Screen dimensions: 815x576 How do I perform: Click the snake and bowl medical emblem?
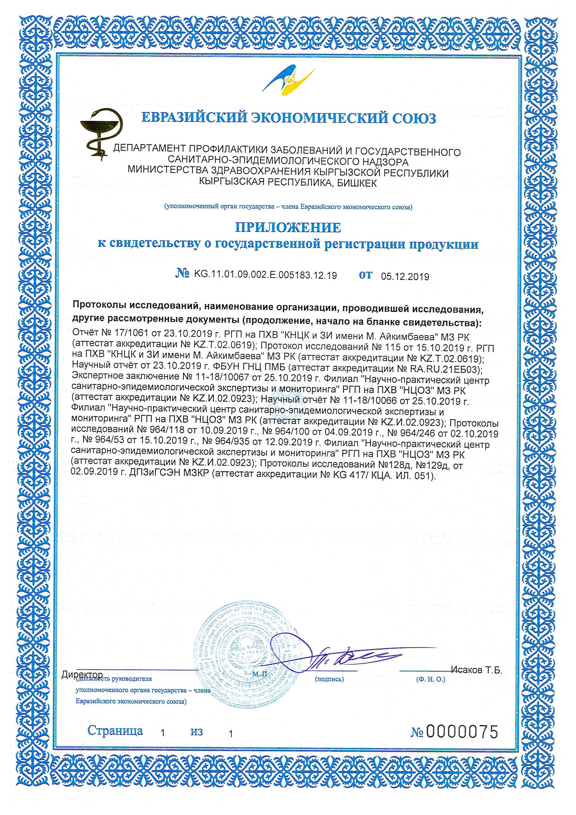click(x=95, y=133)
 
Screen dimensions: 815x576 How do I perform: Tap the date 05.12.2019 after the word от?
click(x=405, y=277)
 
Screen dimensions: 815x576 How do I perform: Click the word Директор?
click(x=82, y=674)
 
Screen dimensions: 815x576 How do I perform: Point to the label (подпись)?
click(x=329, y=679)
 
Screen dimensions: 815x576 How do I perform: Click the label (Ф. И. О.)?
click(x=431, y=679)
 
